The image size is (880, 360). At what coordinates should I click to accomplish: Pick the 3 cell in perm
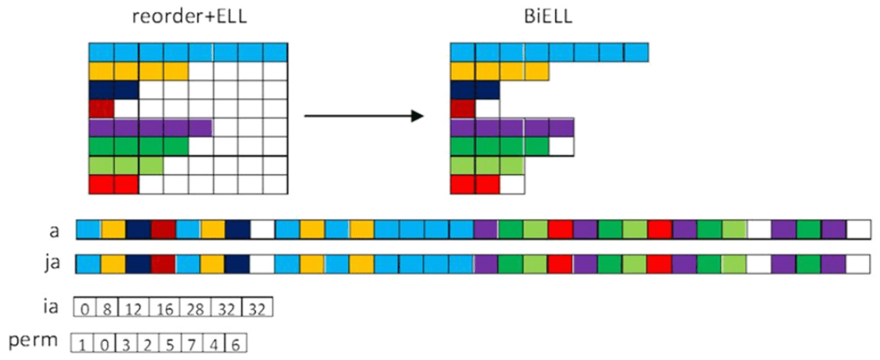click(127, 345)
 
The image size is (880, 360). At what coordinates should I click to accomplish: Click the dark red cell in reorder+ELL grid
click(101, 108)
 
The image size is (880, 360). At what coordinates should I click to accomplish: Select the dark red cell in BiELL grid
click(463, 108)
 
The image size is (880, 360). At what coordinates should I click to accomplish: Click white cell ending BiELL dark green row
click(561, 146)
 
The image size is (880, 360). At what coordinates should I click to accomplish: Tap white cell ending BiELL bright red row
click(513, 184)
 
